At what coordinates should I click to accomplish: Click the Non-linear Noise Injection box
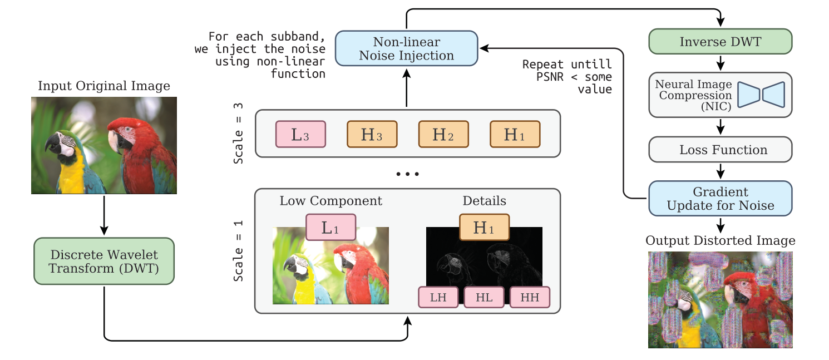click(406, 48)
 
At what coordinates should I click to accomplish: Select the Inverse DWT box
click(721, 42)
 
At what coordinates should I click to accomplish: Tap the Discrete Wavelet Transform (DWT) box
click(104, 262)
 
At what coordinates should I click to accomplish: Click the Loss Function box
click(721, 150)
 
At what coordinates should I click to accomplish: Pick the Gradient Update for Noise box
click(721, 198)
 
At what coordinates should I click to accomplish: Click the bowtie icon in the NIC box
click(761, 94)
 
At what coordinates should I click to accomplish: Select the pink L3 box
click(300, 134)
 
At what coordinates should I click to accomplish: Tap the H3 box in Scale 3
click(372, 134)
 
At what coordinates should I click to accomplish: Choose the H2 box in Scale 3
click(443, 134)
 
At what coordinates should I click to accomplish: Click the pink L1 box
click(330, 228)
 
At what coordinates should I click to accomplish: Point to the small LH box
click(438, 297)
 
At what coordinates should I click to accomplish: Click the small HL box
click(484, 297)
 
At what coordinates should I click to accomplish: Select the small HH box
click(530, 297)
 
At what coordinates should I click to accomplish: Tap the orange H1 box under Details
click(484, 228)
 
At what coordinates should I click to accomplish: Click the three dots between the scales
click(407, 175)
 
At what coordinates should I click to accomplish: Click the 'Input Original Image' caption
click(104, 86)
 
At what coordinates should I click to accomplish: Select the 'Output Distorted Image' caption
click(721, 241)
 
